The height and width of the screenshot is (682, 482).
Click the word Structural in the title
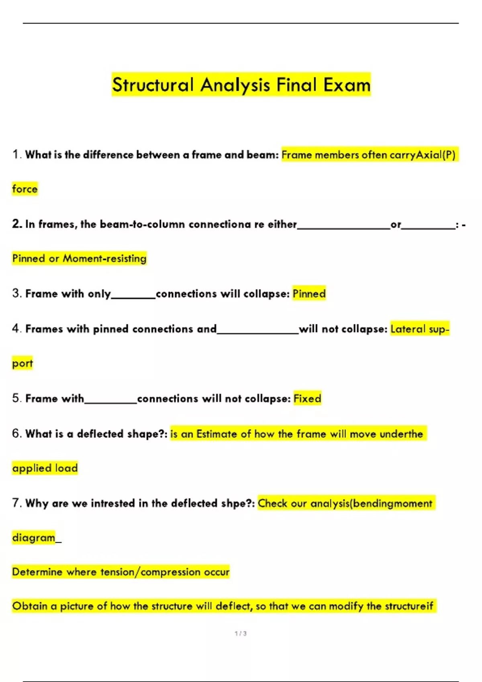tap(153, 85)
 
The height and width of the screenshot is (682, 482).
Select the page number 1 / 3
tap(241, 633)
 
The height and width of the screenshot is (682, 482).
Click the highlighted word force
tap(25, 189)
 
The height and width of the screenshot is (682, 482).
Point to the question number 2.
tap(17, 224)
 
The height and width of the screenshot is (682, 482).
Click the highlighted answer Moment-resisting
tap(104, 258)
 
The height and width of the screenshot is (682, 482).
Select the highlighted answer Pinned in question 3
tap(309, 294)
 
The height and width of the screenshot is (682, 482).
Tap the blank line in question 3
tap(133, 297)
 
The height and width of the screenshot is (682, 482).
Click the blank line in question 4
tap(257, 332)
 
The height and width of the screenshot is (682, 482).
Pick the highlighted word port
tap(22, 363)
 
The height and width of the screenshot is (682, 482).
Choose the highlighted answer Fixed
tap(307, 399)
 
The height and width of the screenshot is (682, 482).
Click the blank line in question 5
tap(111, 402)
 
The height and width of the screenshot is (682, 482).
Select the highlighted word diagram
tap(34, 538)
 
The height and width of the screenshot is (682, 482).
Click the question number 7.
tap(16, 503)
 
